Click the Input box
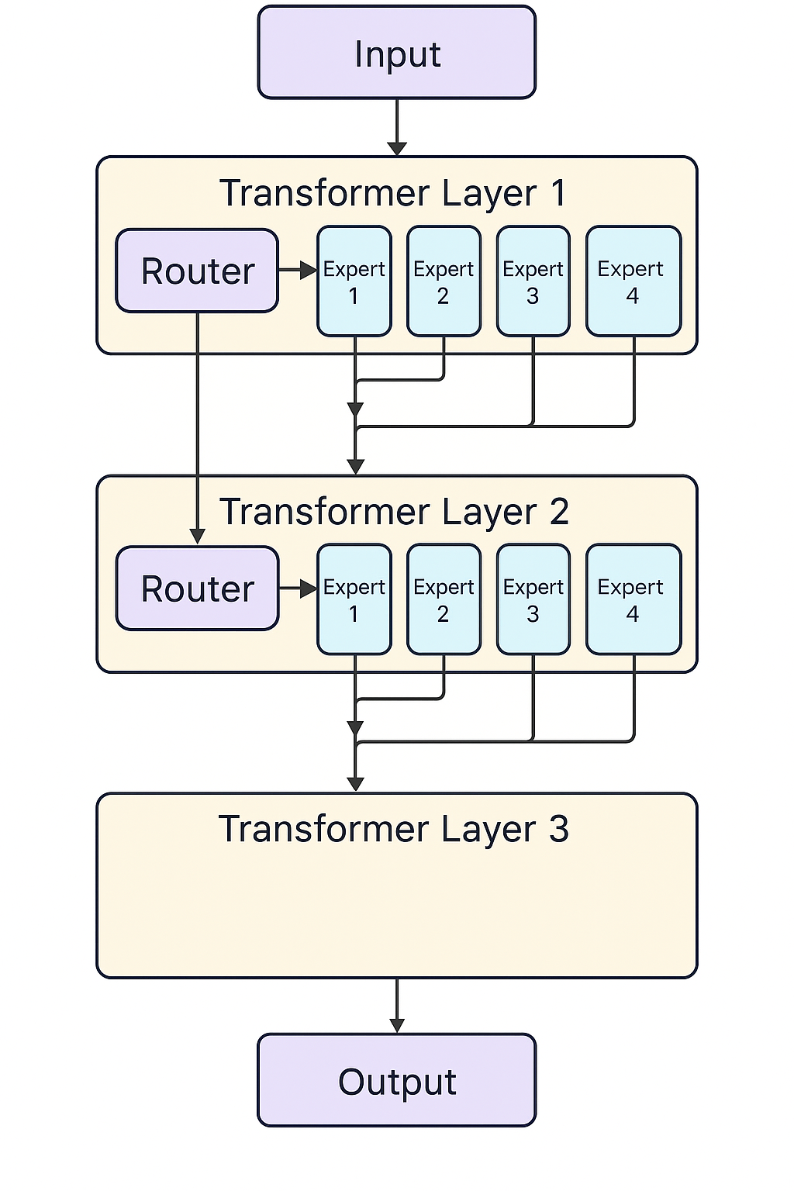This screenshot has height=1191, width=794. (x=397, y=52)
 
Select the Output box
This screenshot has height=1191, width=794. (x=397, y=1080)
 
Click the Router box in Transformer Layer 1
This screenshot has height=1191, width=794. (x=197, y=271)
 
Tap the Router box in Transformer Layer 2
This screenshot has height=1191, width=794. (x=197, y=589)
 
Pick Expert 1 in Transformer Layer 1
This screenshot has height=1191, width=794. (x=354, y=281)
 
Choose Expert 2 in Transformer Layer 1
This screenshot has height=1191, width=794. (x=444, y=281)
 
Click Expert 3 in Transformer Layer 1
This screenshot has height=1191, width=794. (x=533, y=281)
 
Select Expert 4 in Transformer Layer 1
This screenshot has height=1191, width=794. (x=633, y=281)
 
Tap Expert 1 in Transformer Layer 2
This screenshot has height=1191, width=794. (x=354, y=599)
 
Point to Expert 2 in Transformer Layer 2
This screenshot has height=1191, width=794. (x=444, y=599)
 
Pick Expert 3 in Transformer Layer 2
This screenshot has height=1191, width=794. (x=533, y=599)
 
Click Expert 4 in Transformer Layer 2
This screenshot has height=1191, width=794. (x=633, y=599)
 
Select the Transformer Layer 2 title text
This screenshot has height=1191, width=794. (x=394, y=512)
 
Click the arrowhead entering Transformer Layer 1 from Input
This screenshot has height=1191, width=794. (x=397, y=149)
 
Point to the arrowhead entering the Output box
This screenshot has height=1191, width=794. (x=397, y=1026)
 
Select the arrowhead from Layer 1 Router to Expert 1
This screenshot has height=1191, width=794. (x=309, y=270)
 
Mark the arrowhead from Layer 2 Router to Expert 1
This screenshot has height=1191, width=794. (x=309, y=589)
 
